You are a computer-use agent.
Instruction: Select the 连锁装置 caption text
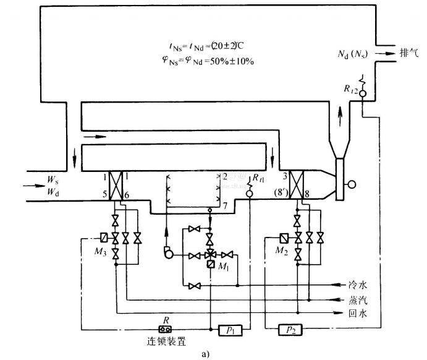(164, 341)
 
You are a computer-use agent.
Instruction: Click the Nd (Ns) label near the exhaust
(353, 54)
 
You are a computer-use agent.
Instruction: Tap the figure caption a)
(213, 354)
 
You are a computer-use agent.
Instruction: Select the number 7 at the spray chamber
(226, 205)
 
